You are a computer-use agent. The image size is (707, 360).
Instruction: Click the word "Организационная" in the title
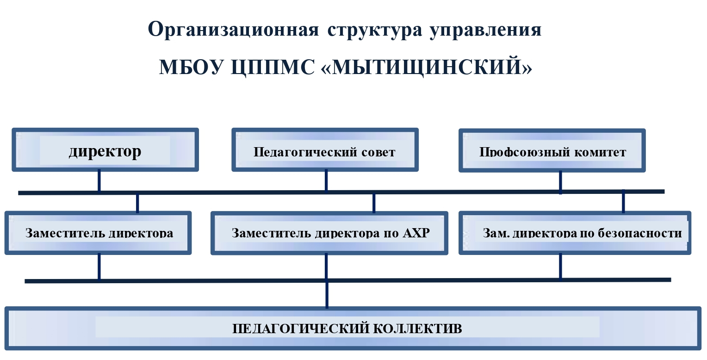(234, 30)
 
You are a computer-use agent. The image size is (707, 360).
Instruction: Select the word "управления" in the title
(486, 30)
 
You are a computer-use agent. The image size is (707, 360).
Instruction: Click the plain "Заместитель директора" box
(99, 233)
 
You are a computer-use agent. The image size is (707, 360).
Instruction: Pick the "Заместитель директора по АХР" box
(330, 233)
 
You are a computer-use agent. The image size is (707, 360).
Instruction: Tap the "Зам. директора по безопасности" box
(575, 233)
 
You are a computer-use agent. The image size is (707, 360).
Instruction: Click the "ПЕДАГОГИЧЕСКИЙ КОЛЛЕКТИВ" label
(347, 329)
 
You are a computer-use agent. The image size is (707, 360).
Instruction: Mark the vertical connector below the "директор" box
(99, 180)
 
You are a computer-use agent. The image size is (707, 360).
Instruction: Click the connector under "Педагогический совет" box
(326, 180)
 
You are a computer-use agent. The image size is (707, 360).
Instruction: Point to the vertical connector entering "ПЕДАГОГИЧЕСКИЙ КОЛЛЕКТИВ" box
(327, 294)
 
